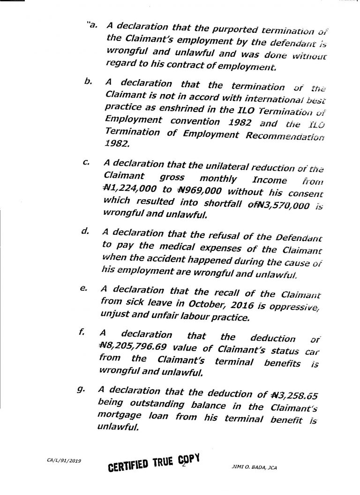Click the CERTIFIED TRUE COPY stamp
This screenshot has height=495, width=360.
[x=155, y=465]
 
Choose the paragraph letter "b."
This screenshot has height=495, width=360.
[x=87, y=82]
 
